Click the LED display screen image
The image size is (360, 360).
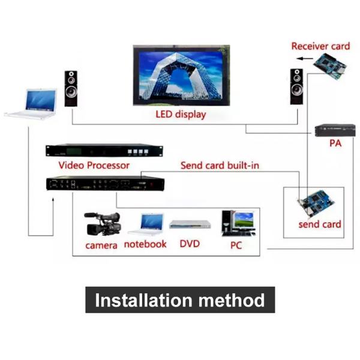click(x=180, y=76)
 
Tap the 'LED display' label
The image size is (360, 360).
click(x=180, y=114)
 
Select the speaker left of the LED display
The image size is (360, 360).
click(x=72, y=88)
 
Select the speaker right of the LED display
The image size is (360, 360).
click(x=296, y=86)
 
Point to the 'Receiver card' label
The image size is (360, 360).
click(x=320, y=46)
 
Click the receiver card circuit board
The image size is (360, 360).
click(x=333, y=65)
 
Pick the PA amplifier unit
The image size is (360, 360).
click(x=332, y=130)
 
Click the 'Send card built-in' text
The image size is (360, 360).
click(x=220, y=164)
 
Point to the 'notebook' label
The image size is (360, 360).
click(x=145, y=244)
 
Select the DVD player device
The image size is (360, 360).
click(x=190, y=224)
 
